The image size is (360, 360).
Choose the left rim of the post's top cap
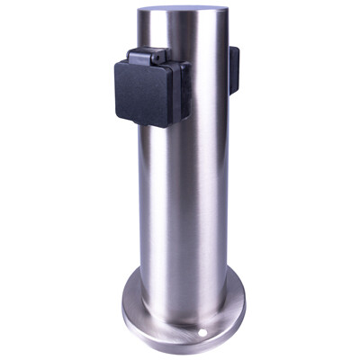tap(141, 16)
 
